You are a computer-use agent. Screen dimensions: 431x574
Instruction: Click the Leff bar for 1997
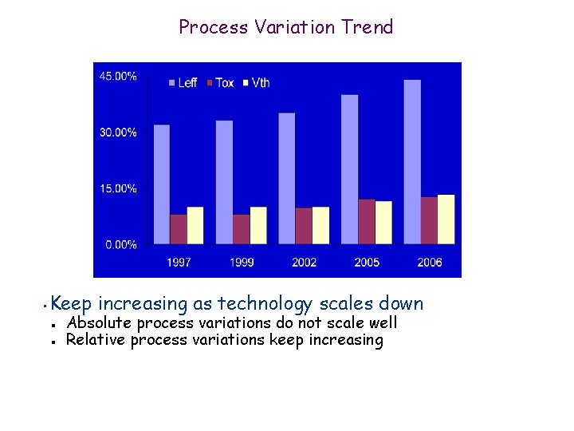[x=161, y=184]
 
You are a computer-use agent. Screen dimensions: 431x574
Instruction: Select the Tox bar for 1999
[x=241, y=229]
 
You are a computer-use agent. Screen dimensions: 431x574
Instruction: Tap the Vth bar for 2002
[x=320, y=225]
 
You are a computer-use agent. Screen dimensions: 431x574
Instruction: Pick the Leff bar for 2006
[x=412, y=162]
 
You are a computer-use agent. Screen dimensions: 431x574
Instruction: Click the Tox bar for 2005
[x=366, y=221]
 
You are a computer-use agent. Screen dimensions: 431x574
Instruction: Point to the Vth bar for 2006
[x=446, y=219]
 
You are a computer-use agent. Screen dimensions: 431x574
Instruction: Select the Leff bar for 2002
[x=286, y=178]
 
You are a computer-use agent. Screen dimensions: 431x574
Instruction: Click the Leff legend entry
[x=183, y=82]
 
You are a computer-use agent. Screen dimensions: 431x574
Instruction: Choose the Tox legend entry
[x=219, y=82]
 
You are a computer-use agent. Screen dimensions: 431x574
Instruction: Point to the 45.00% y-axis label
[x=117, y=76]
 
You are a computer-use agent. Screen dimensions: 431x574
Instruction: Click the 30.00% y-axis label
[x=117, y=132]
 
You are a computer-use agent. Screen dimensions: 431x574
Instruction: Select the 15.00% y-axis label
[x=117, y=188]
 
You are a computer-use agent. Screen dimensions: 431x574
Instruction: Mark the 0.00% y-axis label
[x=120, y=244]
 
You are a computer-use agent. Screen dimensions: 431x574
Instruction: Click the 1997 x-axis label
[x=179, y=262]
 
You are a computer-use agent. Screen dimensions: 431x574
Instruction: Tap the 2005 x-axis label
[x=367, y=262]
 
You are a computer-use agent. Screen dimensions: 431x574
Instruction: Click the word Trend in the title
[x=367, y=27]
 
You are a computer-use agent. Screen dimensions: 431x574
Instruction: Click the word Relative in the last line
[x=96, y=340]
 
